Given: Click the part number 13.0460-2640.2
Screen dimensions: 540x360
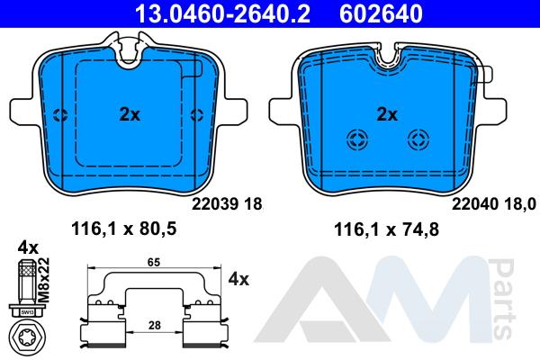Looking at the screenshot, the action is (222, 13).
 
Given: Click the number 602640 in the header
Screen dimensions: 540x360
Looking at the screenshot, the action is (381, 13).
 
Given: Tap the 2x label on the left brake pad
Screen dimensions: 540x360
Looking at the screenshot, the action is (130, 114).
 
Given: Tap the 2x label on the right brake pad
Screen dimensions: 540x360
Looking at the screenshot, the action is (387, 114).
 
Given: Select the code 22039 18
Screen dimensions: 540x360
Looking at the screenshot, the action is (227, 204).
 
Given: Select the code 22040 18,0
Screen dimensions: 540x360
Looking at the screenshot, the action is (494, 204).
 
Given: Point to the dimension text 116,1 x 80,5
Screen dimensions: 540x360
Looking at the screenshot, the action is (124, 229).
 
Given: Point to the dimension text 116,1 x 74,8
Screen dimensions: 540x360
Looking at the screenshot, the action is (386, 229).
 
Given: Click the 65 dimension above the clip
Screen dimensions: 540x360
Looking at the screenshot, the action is (154, 262).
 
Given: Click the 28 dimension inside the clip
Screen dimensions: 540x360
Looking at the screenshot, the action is (154, 325).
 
